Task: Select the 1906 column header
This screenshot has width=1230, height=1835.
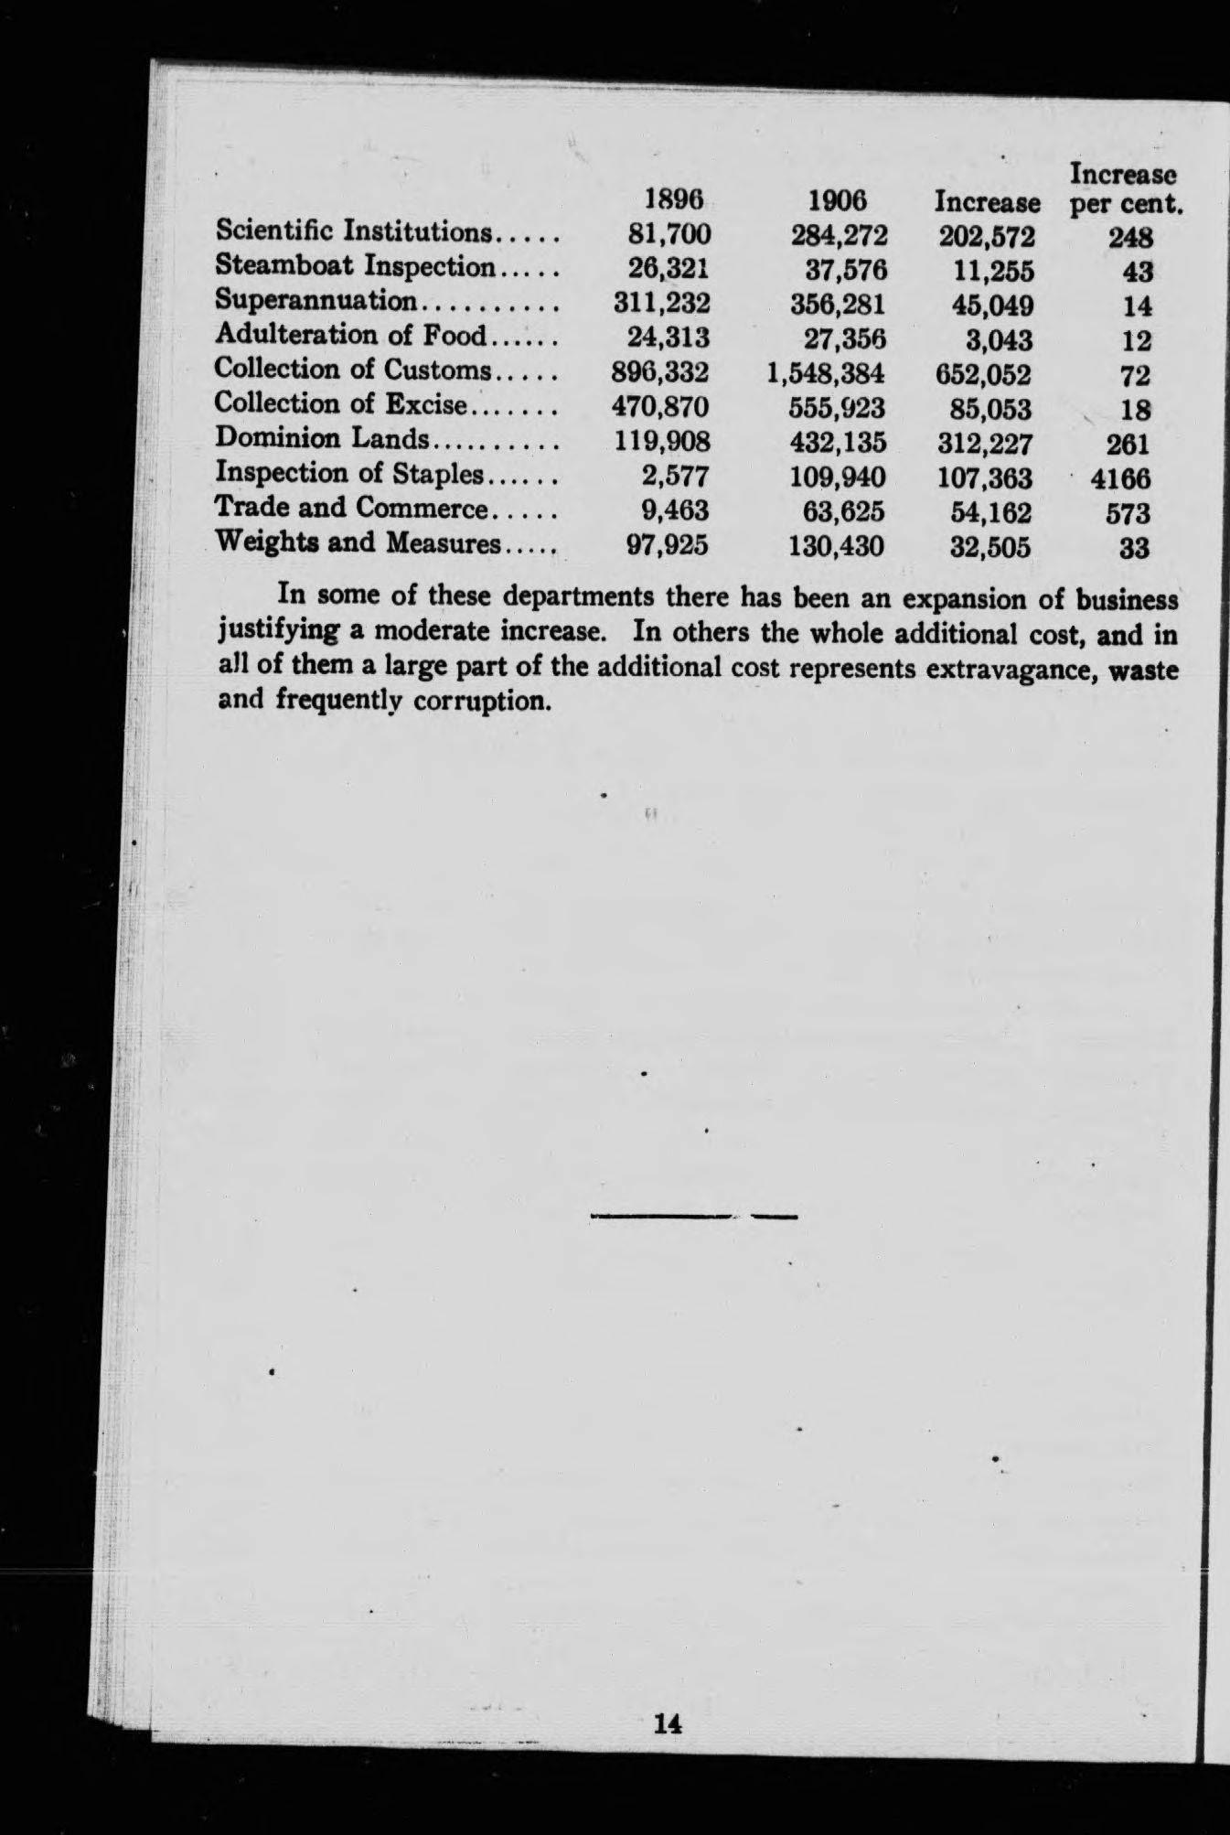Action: [x=838, y=200]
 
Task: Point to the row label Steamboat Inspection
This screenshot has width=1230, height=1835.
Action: [x=355, y=266]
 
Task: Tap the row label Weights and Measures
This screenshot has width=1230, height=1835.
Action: [x=358, y=544]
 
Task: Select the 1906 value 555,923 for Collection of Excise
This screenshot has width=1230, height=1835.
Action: [x=840, y=408]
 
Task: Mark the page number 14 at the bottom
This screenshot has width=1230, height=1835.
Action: [x=668, y=1723]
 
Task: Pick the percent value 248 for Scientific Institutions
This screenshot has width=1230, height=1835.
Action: [x=1129, y=237]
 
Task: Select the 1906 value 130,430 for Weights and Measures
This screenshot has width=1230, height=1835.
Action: [x=836, y=547]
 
